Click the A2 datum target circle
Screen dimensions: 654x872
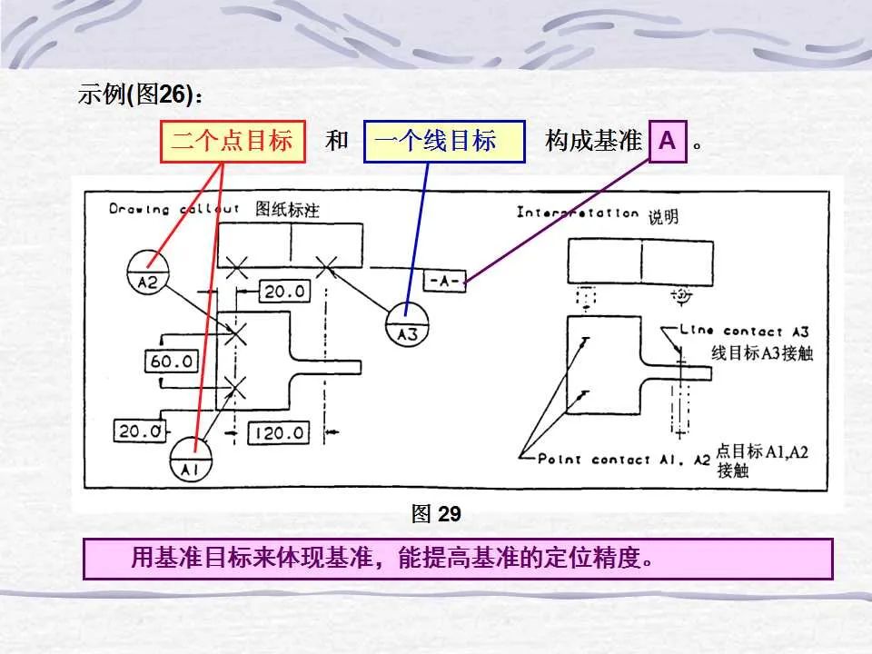pyautogui.click(x=147, y=273)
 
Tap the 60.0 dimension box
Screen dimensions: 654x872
pyautogui.click(x=172, y=361)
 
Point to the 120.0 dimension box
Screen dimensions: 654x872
pyautogui.click(x=277, y=432)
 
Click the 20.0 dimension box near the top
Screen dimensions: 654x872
pyautogui.click(x=285, y=291)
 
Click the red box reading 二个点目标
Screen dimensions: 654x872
pyautogui.click(x=233, y=142)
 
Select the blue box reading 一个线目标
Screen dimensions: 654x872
pyautogui.click(x=443, y=142)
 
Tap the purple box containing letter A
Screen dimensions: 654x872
pyautogui.click(x=668, y=142)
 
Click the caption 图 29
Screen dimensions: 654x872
pyautogui.click(x=436, y=514)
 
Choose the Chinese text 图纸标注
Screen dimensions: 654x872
pyautogui.click(x=287, y=210)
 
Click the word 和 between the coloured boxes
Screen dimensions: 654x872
pyautogui.click(x=337, y=142)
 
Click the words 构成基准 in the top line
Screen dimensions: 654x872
pyautogui.click(x=593, y=142)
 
